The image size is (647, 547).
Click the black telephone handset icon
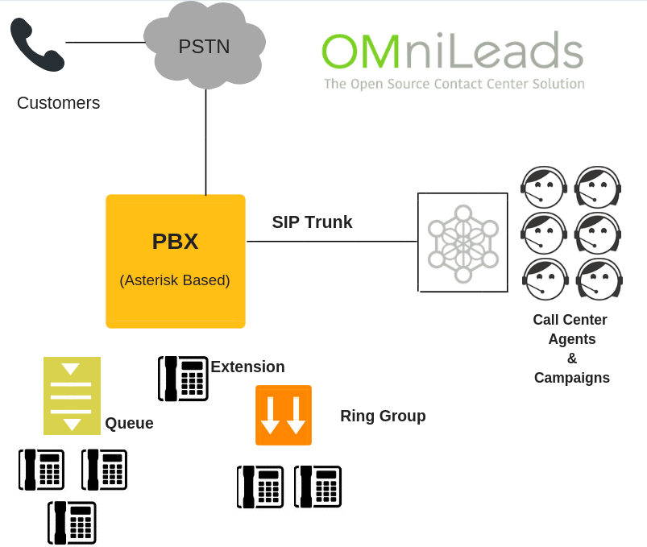[36, 45]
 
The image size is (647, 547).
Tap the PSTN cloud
[205, 45]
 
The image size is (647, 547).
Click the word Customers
[58, 103]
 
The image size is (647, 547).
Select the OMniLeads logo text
[452, 51]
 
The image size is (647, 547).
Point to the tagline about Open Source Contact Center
[454, 84]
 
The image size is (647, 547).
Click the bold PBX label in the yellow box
[175, 241]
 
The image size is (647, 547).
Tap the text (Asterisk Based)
[175, 280]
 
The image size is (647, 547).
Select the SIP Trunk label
[312, 222]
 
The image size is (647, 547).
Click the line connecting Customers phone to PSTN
[105, 42]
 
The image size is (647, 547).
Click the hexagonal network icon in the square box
[462, 242]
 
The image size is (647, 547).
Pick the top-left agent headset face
[544, 187]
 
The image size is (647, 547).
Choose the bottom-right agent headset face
[599, 279]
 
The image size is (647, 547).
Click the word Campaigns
[571, 378]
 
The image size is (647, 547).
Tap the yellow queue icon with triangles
[72, 396]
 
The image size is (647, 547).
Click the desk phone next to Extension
[183, 379]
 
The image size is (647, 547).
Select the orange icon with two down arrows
[284, 415]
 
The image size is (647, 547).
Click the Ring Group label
[383, 416]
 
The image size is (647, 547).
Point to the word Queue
[129, 424]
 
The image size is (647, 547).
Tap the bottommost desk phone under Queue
[72, 522]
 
